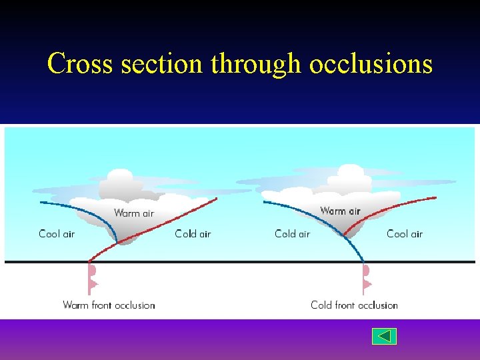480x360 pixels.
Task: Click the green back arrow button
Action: click(x=384, y=336)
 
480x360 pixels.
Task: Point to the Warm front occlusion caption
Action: click(x=109, y=305)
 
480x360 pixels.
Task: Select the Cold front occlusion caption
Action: click(x=354, y=305)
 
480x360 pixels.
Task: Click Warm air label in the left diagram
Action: click(x=133, y=213)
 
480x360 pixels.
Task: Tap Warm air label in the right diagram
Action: click(x=340, y=211)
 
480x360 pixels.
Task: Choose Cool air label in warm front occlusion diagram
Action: click(x=57, y=234)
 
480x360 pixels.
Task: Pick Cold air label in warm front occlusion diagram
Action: click(x=193, y=234)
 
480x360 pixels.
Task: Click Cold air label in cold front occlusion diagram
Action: click(x=292, y=234)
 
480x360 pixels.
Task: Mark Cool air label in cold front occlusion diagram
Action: click(x=405, y=234)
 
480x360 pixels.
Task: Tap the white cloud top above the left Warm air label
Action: click(x=120, y=180)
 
